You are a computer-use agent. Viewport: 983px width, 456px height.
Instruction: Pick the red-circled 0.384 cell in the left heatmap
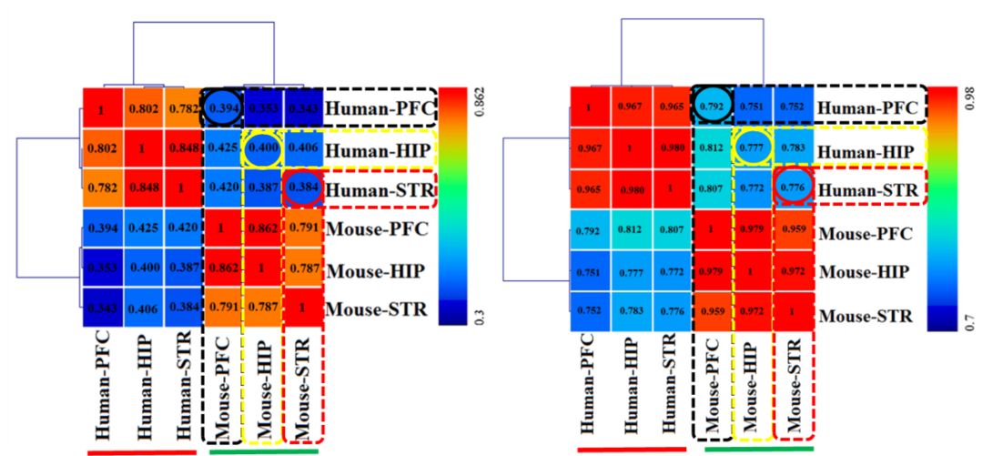pos(304,188)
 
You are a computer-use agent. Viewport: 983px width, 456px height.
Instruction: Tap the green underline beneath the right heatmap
pos(759,448)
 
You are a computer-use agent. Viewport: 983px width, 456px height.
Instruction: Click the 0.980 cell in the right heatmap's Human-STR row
pos(630,188)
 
